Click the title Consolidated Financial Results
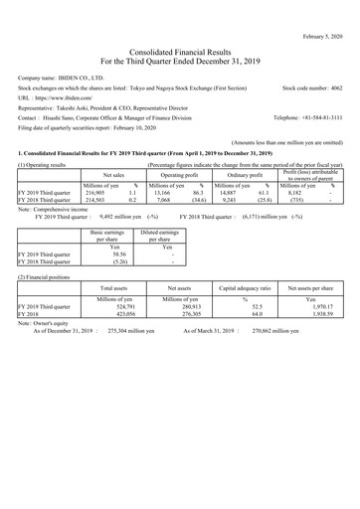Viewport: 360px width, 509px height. pos(180,36)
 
